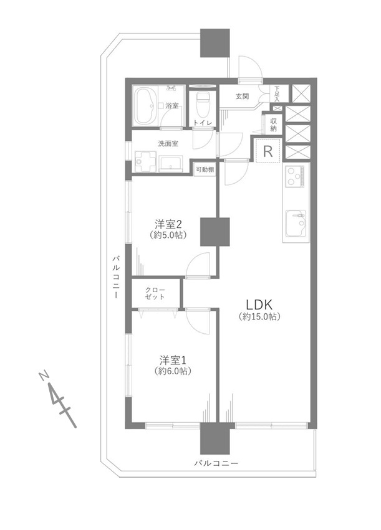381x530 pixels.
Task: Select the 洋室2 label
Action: coord(168,224)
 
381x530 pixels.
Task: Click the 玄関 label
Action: coord(243,97)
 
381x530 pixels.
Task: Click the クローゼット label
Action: coord(155,293)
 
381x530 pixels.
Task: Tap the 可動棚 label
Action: coord(205,169)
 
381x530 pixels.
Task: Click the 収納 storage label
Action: coord(274,125)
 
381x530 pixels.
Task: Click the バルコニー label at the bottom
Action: coord(216,463)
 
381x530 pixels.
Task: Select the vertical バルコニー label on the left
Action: coord(116,277)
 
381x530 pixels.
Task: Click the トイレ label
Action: coord(203,123)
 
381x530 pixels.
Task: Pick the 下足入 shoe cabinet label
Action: coord(276,93)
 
